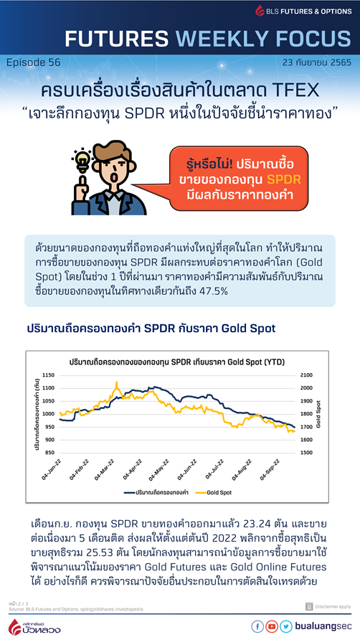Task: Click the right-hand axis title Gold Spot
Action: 320,415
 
